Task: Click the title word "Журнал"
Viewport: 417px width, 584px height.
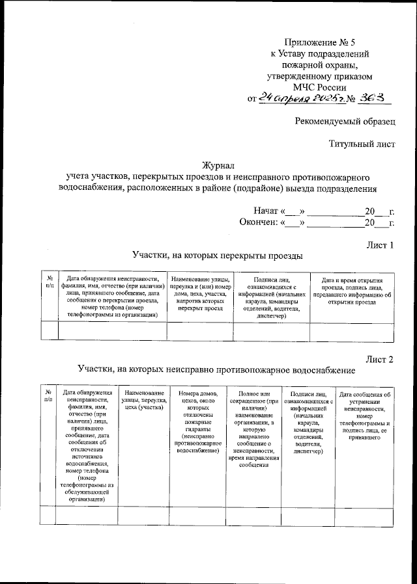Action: tap(218, 165)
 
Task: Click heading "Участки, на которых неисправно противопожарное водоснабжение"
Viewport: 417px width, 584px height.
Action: tap(216, 370)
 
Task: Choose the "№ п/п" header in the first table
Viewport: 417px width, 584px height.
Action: tap(50, 282)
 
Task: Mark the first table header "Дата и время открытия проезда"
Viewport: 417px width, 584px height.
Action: tap(352, 290)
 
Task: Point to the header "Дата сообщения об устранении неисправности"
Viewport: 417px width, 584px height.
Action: tap(364, 416)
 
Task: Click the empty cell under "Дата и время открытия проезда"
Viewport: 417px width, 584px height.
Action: tap(352, 331)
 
